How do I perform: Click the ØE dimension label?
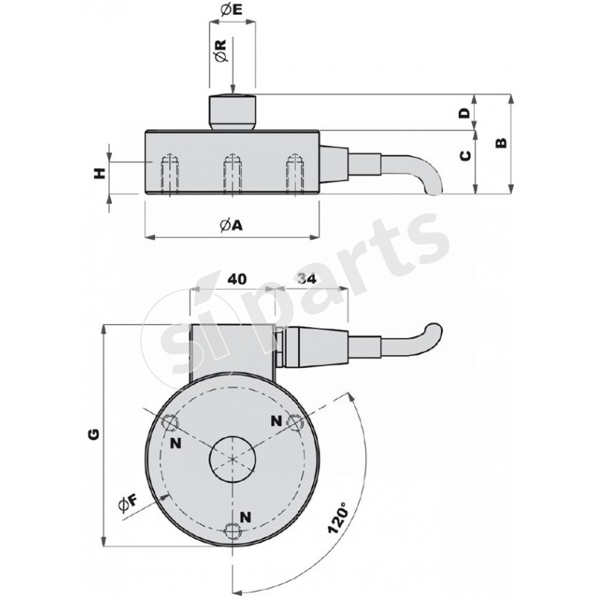click(x=232, y=10)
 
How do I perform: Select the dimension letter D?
click(x=464, y=113)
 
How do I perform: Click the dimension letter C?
click(x=464, y=156)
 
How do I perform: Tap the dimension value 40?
click(x=236, y=279)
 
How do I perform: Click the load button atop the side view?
click(x=232, y=111)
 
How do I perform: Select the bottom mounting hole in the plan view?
click(x=233, y=530)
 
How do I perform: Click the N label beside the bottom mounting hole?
click(x=245, y=516)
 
